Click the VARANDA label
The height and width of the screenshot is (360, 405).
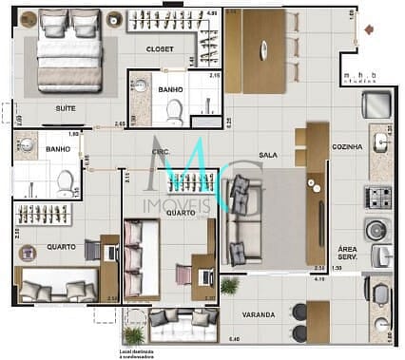pyautogui.click(x=258, y=313)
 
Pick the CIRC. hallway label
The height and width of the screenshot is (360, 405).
pyautogui.click(x=161, y=152)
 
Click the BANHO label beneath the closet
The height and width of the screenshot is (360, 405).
pyautogui.click(x=171, y=90)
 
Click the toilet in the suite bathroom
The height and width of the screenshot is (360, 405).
pyautogui.click(x=173, y=113)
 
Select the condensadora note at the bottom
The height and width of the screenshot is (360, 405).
pyautogui.click(x=143, y=353)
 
